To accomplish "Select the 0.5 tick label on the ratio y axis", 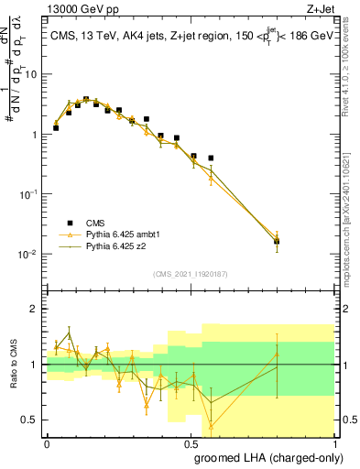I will coord(30,420).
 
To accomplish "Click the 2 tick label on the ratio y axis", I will coord(34,309).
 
